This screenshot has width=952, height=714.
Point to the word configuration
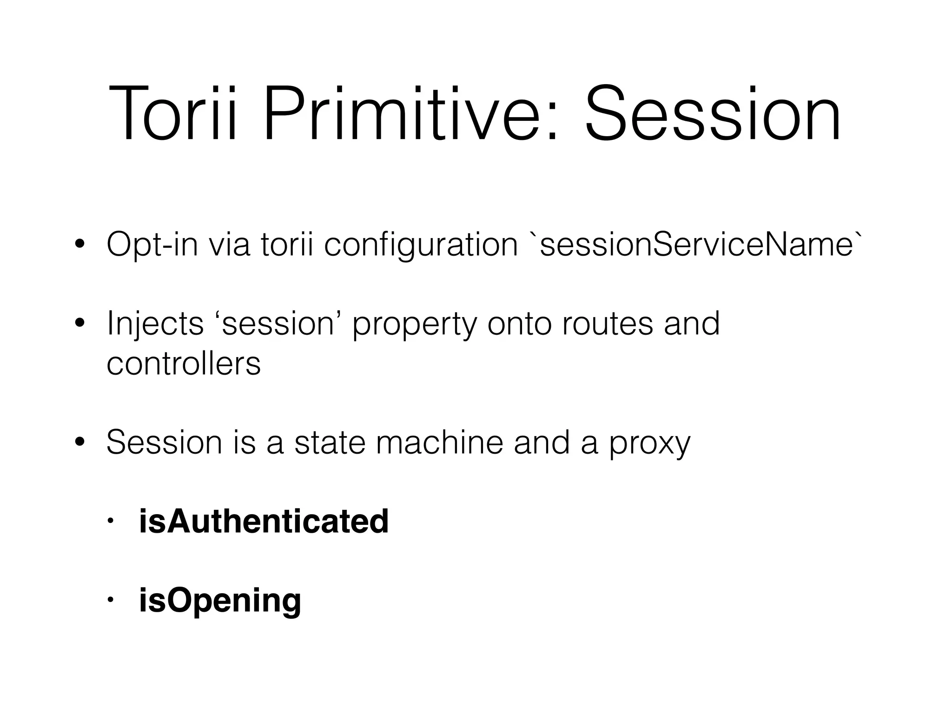click(x=421, y=245)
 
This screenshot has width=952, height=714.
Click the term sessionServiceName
click(x=695, y=245)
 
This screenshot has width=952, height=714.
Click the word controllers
click(x=184, y=363)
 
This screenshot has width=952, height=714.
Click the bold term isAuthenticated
click(x=264, y=521)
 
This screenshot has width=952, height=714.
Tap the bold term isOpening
click(x=220, y=600)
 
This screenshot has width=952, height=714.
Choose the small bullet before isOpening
click(x=110, y=600)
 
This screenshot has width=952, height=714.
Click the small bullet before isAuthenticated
click(x=110, y=522)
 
